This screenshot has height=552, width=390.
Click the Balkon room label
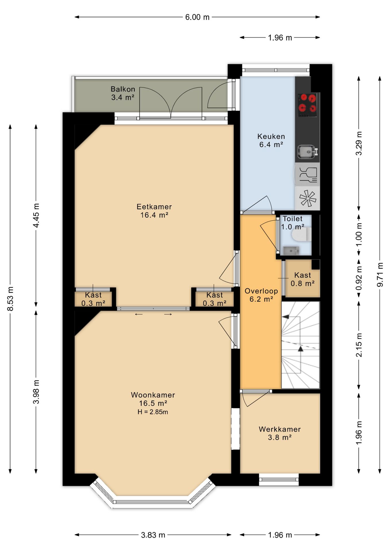pyautogui.click(x=123, y=93)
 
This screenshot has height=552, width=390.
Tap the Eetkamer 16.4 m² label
pyautogui.click(x=154, y=211)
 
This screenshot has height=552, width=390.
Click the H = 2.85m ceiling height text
pyautogui.click(x=153, y=412)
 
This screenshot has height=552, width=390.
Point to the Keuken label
pyautogui.click(x=271, y=140)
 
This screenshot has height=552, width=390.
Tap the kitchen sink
pyautogui.click(x=308, y=152)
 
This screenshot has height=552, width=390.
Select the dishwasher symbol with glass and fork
pyautogui.click(x=308, y=175)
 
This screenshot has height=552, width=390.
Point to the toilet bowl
pyautogui.click(x=302, y=234)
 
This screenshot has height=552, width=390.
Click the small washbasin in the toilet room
pyautogui.click(x=291, y=251)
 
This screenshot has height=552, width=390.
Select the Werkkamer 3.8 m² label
pyautogui.click(x=280, y=433)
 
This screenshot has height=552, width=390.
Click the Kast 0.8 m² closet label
pyautogui.click(x=303, y=279)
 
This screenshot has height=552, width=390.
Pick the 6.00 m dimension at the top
pyautogui.click(x=197, y=17)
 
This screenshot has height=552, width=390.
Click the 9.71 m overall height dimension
pyautogui.click(x=380, y=275)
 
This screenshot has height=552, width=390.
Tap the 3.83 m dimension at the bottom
pyautogui.click(x=153, y=535)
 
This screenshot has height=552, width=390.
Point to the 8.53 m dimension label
pyautogui.click(x=10, y=299)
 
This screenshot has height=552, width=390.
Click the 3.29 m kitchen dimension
pyautogui.click(x=359, y=143)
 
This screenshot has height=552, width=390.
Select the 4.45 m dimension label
pyautogui.click(x=36, y=215)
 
